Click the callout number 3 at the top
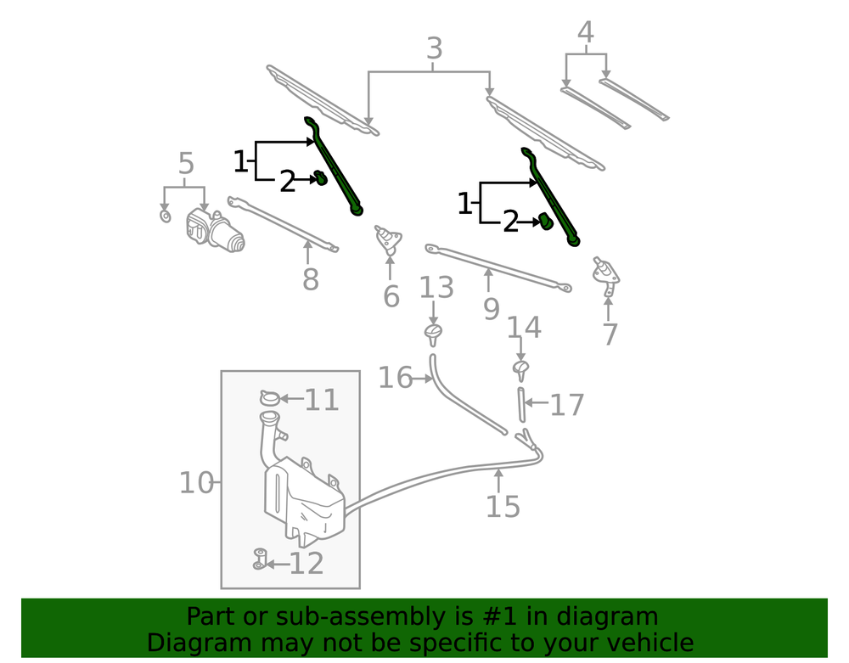click(434, 48)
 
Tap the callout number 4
click(585, 32)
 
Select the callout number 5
click(186, 164)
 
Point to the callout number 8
click(311, 278)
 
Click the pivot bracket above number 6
click(390, 239)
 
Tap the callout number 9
click(491, 308)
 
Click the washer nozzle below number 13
click(434, 332)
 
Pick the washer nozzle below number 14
click(521, 368)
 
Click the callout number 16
click(395, 378)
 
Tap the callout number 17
click(567, 405)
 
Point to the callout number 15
click(502, 506)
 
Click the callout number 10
click(195, 483)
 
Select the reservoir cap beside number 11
click(269, 397)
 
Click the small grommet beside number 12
click(259, 559)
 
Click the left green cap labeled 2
click(322, 177)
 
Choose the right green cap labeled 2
click(545, 221)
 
